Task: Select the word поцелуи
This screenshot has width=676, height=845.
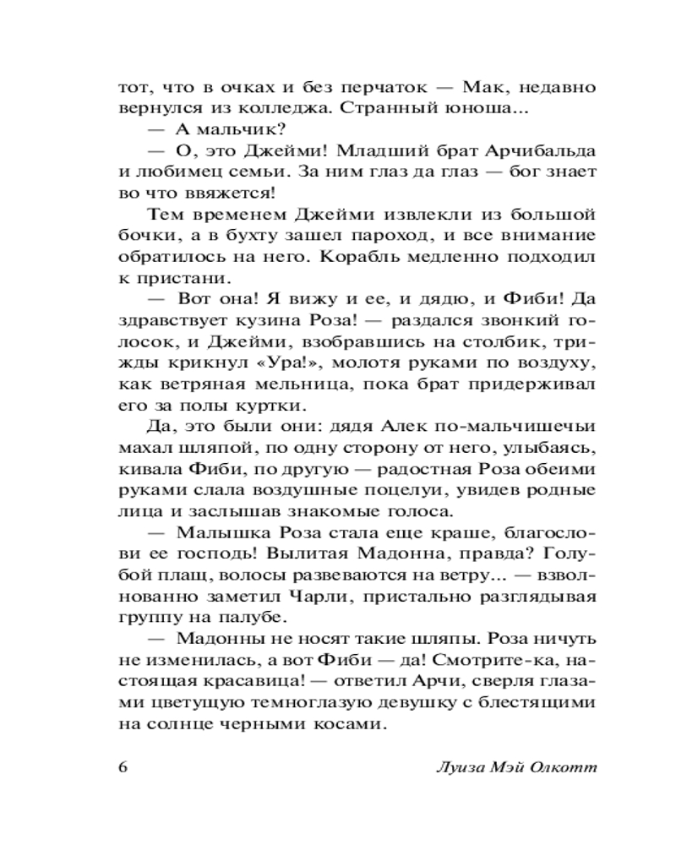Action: pyautogui.click(x=383, y=489)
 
